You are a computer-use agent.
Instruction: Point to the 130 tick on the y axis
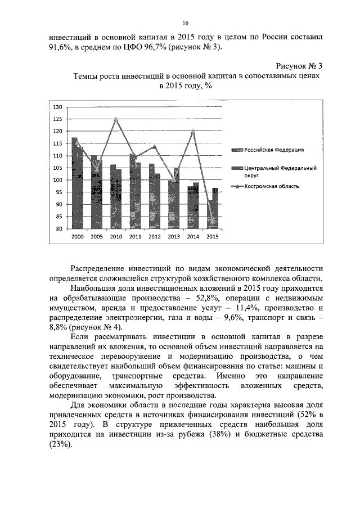(x=57, y=107)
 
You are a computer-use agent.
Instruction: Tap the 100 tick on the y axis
(x=57, y=180)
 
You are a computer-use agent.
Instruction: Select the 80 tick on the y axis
(x=58, y=229)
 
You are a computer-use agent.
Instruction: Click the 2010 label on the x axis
(x=116, y=237)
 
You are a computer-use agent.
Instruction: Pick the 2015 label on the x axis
(x=212, y=237)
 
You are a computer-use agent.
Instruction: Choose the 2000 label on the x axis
(x=77, y=237)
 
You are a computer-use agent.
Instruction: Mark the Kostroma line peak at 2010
(x=116, y=119)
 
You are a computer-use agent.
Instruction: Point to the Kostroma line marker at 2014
(x=193, y=132)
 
